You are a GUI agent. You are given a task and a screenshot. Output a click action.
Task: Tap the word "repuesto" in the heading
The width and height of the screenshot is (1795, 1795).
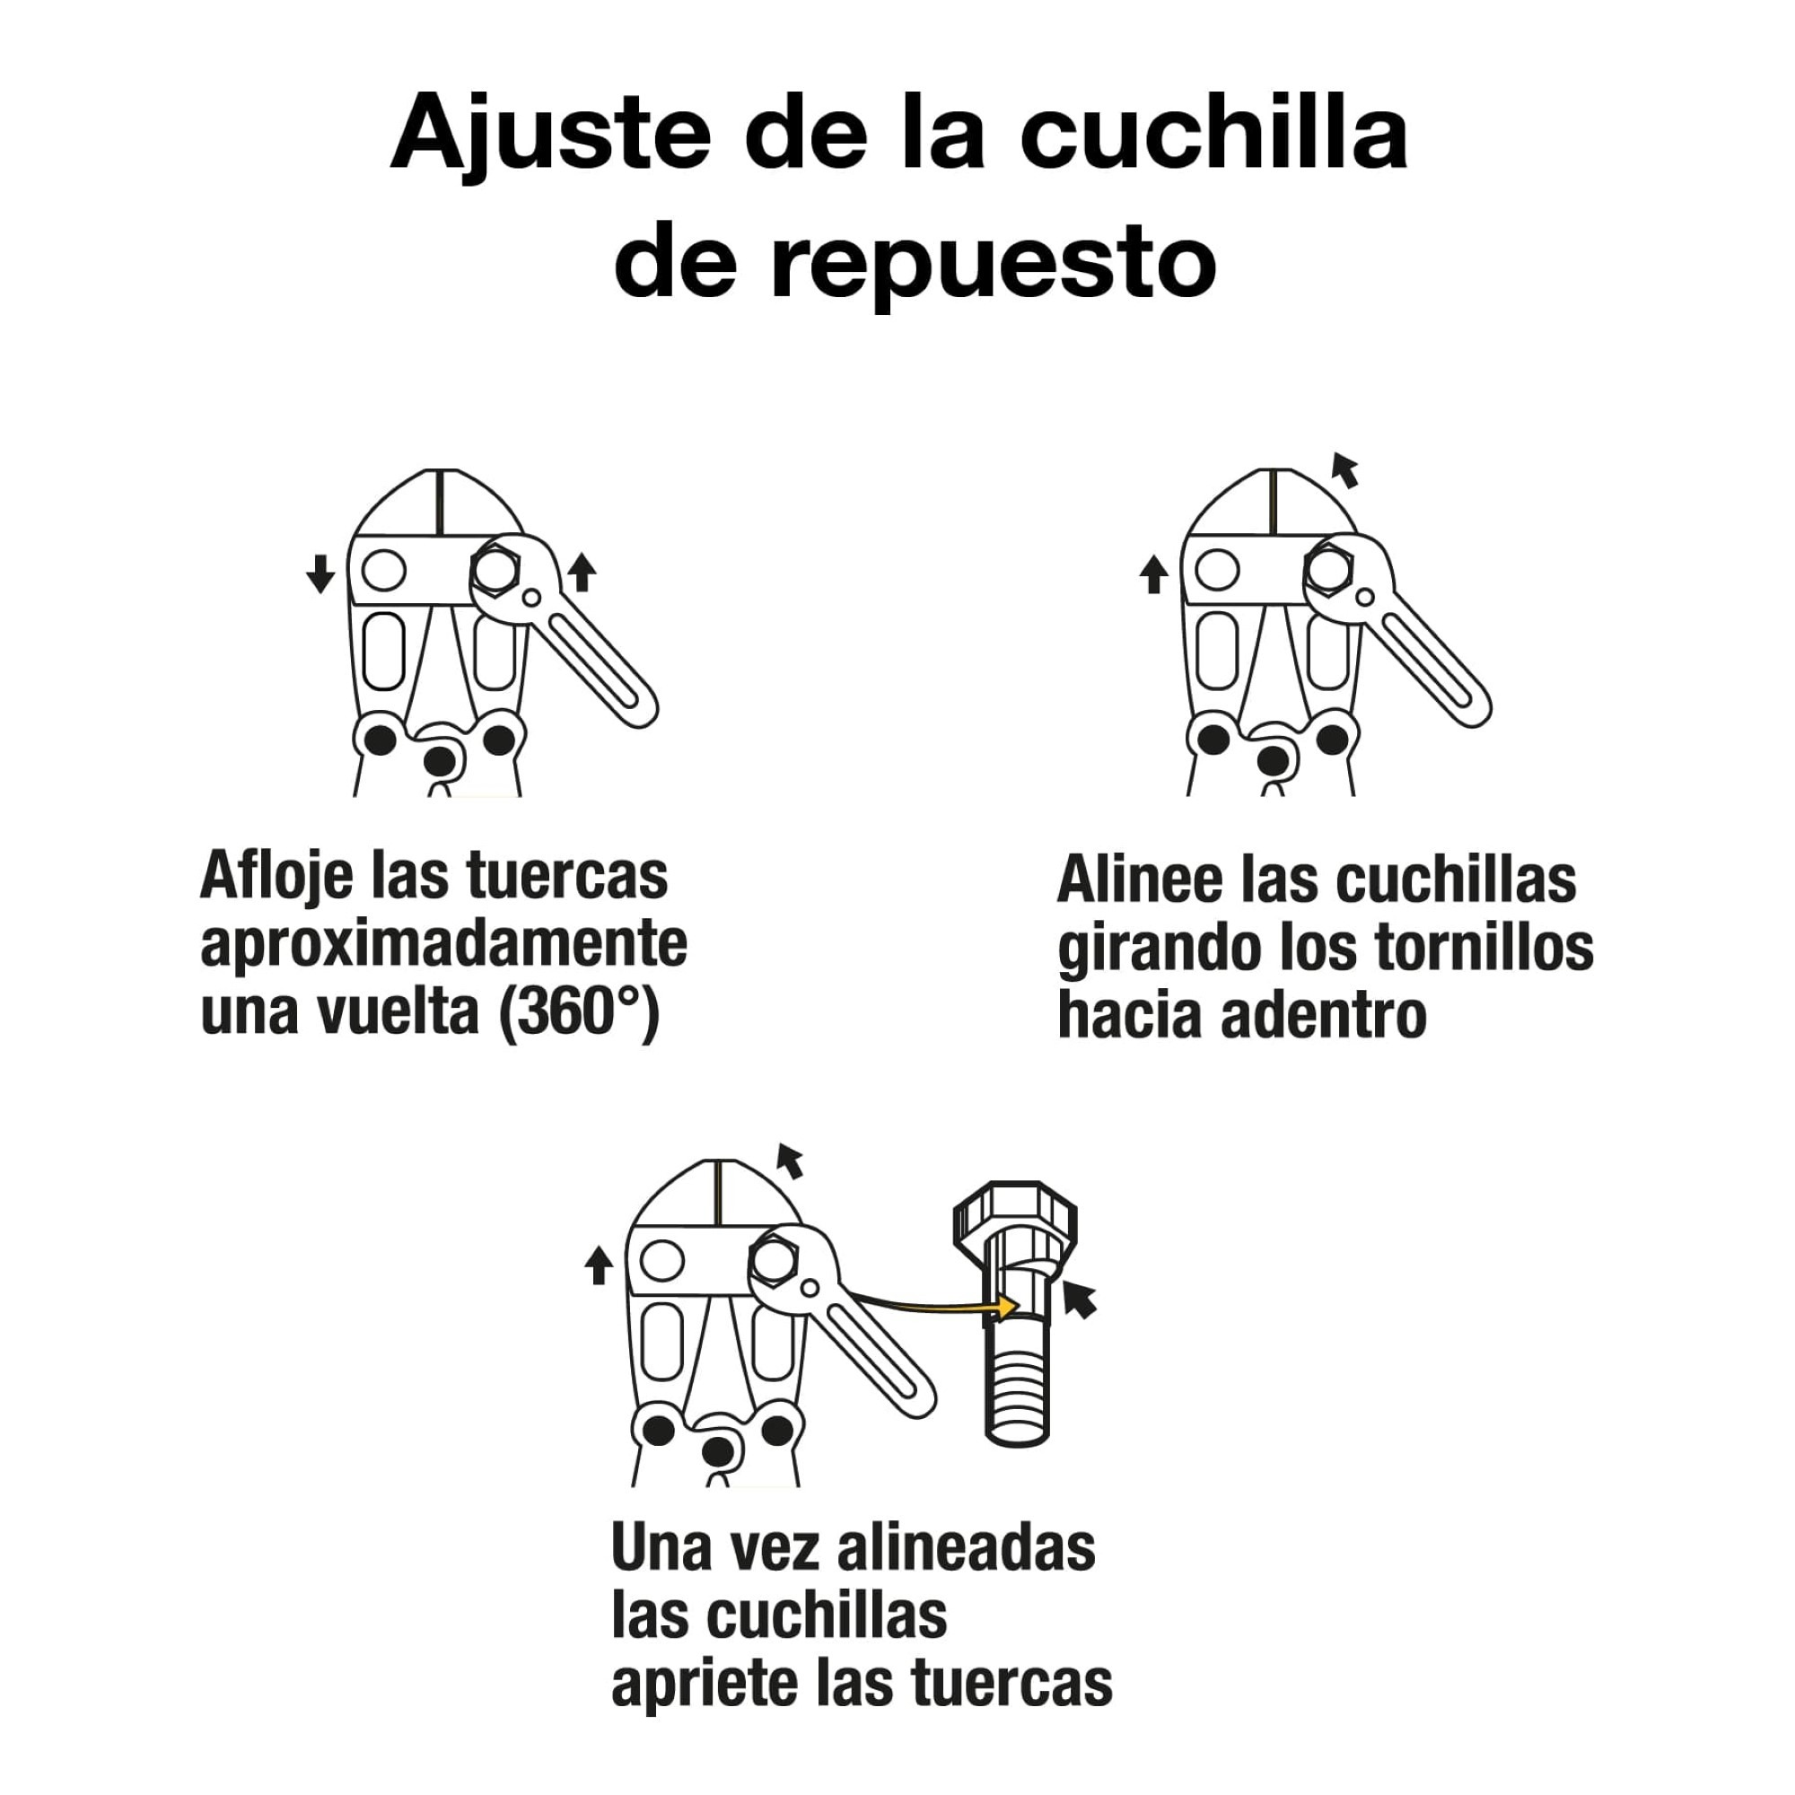click(993, 265)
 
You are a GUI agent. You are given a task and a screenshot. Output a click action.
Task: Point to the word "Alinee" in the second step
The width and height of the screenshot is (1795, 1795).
click(1139, 880)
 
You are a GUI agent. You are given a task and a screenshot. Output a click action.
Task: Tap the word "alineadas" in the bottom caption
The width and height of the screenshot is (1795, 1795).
click(967, 1549)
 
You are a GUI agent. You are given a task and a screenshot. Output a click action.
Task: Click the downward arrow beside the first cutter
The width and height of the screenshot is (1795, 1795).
click(320, 574)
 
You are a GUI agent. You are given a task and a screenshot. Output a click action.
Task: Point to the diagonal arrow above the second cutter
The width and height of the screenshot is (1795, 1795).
click(1344, 470)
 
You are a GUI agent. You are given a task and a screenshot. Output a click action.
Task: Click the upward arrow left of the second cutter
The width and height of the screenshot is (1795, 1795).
click(1153, 574)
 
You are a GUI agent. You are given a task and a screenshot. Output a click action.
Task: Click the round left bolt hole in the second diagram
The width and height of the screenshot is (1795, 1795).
click(1217, 570)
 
